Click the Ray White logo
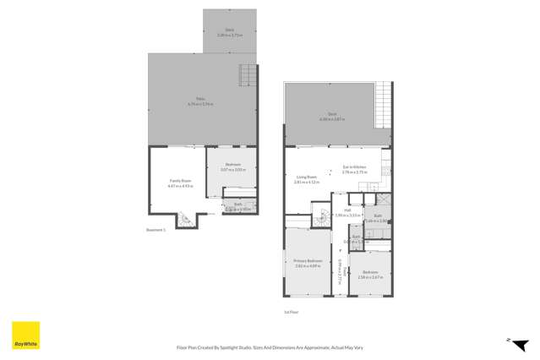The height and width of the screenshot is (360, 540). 24,335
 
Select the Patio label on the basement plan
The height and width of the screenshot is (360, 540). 201,100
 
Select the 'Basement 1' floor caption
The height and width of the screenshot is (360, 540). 155,229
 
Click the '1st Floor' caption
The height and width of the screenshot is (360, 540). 292,312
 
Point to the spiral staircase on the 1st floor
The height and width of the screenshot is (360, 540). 321,218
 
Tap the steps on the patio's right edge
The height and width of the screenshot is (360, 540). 247,75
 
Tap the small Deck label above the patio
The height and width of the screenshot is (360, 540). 229,32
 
